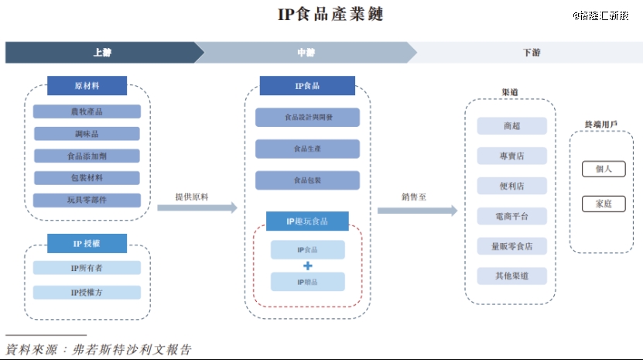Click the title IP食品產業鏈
click(x=320, y=15)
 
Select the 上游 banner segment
click(x=101, y=53)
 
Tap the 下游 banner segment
click(x=531, y=53)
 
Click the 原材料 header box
click(x=87, y=86)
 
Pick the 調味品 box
click(x=87, y=134)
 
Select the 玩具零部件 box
click(x=87, y=201)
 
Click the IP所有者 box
click(x=87, y=268)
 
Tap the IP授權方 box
click(x=87, y=293)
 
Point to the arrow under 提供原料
click(x=197, y=208)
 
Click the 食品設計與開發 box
click(x=307, y=118)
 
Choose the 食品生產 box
click(x=307, y=149)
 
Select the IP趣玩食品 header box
click(x=307, y=221)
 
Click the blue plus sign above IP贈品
click(x=307, y=265)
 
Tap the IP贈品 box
click(x=307, y=282)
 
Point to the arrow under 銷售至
click(x=418, y=211)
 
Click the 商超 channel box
click(x=511, y=126)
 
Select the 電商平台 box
click(x=511, y=216)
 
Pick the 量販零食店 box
click(x=511, y=246)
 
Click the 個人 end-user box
click(x=604, y=169)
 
